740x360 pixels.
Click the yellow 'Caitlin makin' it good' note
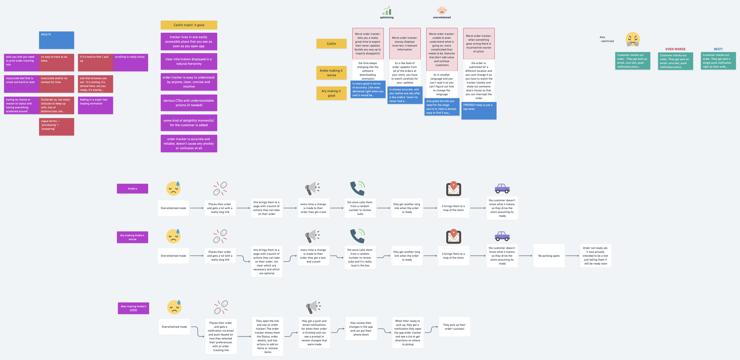point(189,25)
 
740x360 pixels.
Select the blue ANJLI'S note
point(57,40)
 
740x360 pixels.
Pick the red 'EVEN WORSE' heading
point(675,49)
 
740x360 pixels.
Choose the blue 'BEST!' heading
point(718,49)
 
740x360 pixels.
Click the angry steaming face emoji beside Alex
point(633,39)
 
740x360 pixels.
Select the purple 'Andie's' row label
point(132,189)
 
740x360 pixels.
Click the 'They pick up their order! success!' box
point(454,327)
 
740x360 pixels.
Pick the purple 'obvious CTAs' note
point(189,103)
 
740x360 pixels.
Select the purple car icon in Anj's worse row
point(502,236)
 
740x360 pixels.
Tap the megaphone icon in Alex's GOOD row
point(313,307)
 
